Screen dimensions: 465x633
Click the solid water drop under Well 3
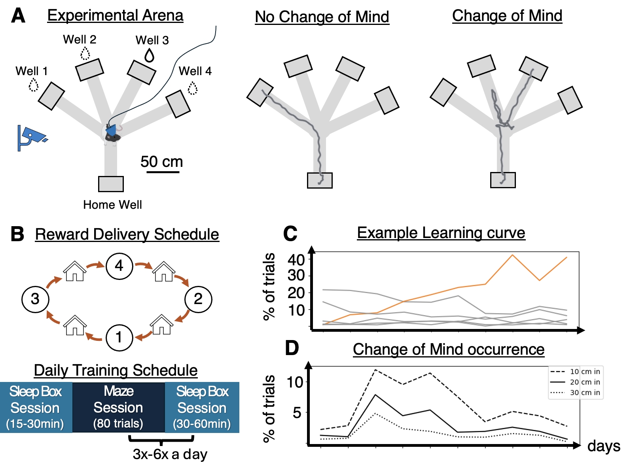(149, 55)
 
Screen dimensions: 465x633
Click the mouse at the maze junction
(112, 133)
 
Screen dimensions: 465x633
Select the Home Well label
(112, 205)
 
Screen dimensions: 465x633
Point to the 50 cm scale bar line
(163, 172)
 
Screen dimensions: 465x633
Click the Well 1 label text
(31, 71)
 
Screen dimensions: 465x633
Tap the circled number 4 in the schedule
(119, 266)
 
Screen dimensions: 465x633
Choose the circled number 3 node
(35, 299)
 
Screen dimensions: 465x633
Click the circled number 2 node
(198, 299)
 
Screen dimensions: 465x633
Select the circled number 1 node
(119, 337)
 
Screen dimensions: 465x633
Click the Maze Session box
(118, 407)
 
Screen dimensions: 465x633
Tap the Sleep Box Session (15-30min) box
(36, 407)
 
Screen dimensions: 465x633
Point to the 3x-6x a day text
(170, 454)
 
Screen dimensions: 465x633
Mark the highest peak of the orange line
(512, 255)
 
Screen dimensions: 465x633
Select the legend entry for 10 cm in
(576, 372)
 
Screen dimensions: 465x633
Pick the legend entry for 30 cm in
(576, 393)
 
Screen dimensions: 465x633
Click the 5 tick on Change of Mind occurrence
(298, 413)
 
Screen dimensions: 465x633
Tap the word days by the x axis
(604, 446)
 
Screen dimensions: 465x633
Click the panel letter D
(292, 348)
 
